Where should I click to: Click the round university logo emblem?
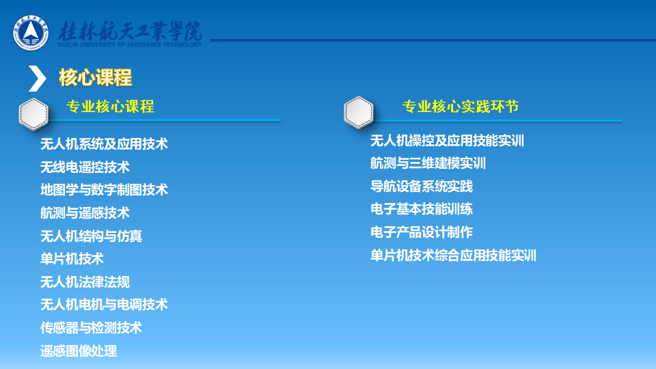tap(31, 33)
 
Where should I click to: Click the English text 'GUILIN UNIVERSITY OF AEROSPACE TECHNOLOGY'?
tap(130, 45)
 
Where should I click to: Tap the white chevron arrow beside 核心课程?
tap(37, 78)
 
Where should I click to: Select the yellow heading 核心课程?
tap(96, 77)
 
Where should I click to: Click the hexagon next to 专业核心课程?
tap(33, 114)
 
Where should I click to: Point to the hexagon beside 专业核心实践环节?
tap(359, 112)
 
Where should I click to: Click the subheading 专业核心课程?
tap(111, 107)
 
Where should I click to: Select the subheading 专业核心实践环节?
tap(461, 107)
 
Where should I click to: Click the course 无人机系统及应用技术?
tap(104, 144)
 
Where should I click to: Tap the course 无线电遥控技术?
tap(85, 167)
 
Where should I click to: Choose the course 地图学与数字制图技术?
tap(104, 190)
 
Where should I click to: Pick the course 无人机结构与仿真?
tap(91, 236)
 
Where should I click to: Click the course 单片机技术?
tap(72, 259)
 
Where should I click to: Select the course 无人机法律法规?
tap(85, 282)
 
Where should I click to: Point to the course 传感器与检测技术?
tap(91, 327)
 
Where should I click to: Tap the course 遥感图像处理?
tap(79, 351)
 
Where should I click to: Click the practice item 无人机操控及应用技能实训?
tap(447, 141)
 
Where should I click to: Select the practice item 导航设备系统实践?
tap(422, 186)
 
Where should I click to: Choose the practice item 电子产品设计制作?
tap(422, 232)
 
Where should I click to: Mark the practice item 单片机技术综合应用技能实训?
tap(454, 255)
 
